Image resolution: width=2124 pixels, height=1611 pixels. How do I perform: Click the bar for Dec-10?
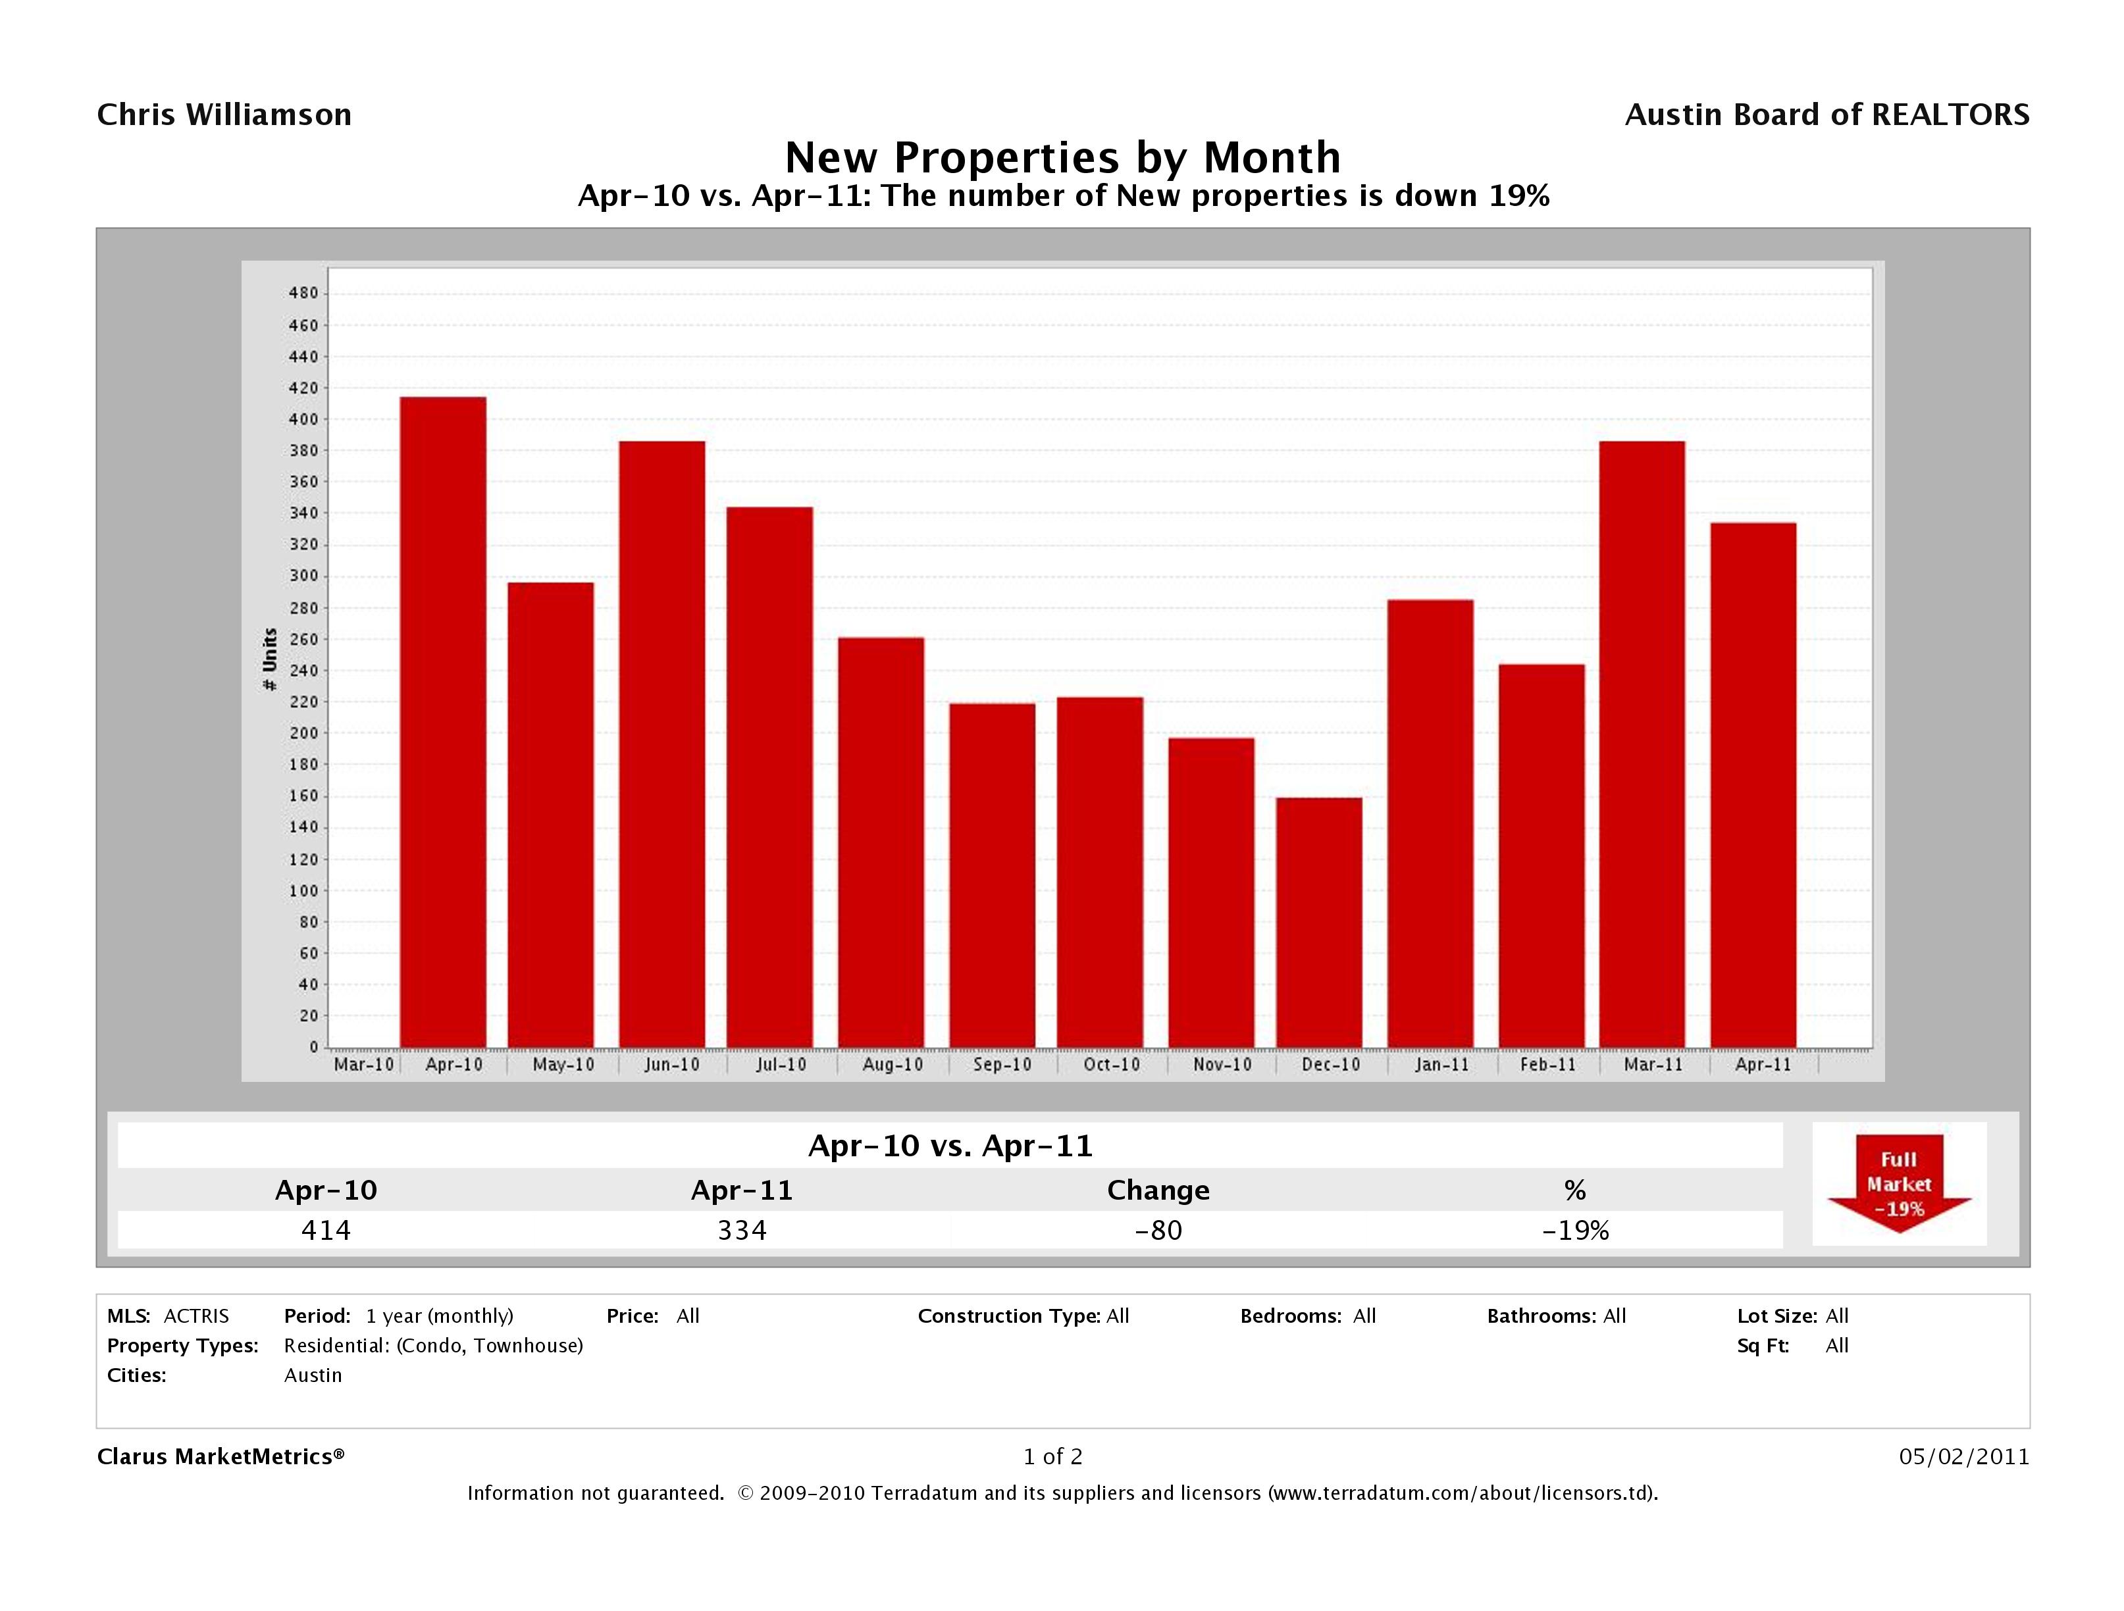tap(1318, 922)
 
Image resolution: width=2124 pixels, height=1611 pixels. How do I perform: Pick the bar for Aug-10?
tap(881, 841)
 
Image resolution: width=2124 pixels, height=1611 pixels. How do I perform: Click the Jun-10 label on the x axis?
tap(671, 1065)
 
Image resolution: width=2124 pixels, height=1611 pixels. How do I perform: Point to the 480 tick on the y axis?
tap(303, 294)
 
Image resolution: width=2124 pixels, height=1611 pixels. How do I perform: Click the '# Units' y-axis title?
tap(270, 659)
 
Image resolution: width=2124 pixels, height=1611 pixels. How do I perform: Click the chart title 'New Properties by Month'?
tap(1062, 157)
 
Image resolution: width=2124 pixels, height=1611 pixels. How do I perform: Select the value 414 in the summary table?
tap(326, 1230)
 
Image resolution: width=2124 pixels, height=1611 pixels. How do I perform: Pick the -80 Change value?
tap(1158, 1230)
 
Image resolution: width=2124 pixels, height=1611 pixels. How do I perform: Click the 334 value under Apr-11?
tap(742, 1230)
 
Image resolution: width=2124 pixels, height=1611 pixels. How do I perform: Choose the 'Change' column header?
tap(1158, 1190)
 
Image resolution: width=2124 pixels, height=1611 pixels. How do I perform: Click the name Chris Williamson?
tap(224, 115)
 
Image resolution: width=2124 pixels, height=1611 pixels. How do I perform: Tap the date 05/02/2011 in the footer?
tap(1963, 1456)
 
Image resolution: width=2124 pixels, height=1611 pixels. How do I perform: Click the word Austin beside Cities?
tap(313, 1375)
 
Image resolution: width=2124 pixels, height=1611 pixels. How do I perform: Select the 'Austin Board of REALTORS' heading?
tap(1826, 115)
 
